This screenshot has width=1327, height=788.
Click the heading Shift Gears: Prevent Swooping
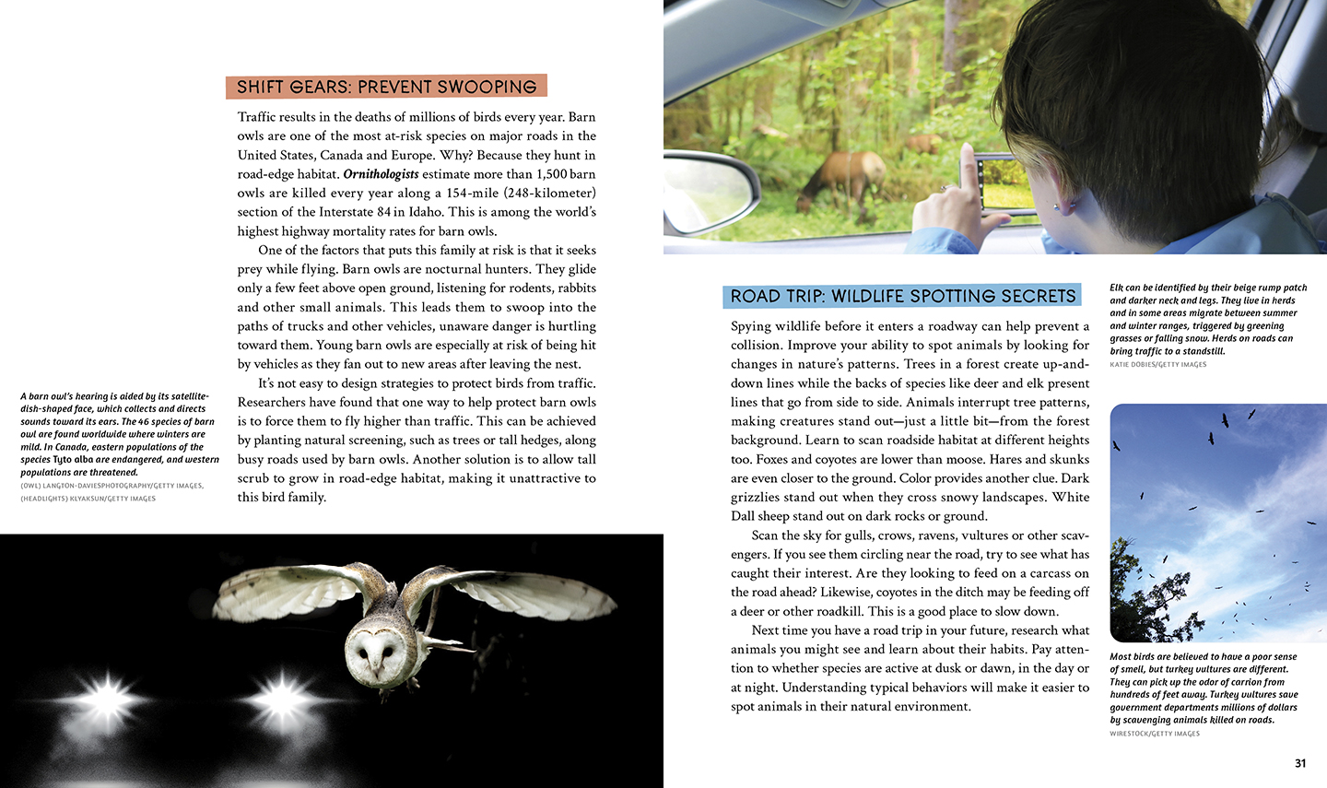pyautogui.click(x=386, y=87)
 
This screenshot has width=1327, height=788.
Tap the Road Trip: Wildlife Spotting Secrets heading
pyautogui.click(x=902, y=296)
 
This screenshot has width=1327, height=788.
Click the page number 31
pyautogui.click(x=1300, y=763)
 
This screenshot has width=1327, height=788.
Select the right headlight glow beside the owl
pyautogui.click(x=281, y=692)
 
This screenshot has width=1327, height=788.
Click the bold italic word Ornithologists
pyautogui.click(x=381, y=174)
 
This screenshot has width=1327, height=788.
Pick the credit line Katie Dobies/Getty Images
pyautogui.click(x=1157, y=365)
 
